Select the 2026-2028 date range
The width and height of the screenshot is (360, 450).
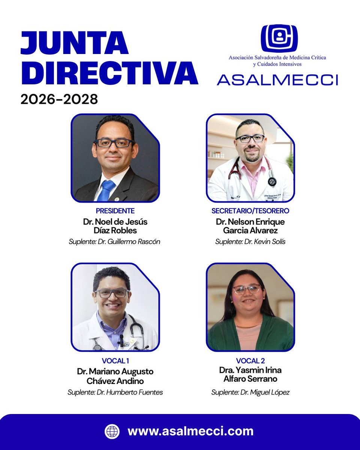pyautogui.click(x=59, y=99)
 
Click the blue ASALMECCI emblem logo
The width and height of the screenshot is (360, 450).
pyautogui.click(x=279, y=38)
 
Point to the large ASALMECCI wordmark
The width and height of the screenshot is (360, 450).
pyautogui.click(x=277, y=79)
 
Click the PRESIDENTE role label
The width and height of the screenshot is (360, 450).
pyautogui.click(x=115, y=211)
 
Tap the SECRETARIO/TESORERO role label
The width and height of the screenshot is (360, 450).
pyautogui.click(x=250, y=211)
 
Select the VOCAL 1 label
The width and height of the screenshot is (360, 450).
pyautogui.click(x=115, y=361)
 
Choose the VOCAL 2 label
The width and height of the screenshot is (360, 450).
pyautogui.click(x=250, y=361)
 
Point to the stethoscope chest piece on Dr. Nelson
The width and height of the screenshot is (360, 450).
pyautogui.click(x=272, y=182)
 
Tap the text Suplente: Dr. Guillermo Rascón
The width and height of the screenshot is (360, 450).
pyautogui.click(x=114, y=242)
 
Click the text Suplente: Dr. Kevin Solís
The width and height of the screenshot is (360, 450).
pyautogui.click(x=250, y=242)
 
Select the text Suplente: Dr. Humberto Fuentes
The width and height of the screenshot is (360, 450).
pyautogui.click(x=115, y=393)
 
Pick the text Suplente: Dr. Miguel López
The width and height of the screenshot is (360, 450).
pyautogui.click(x=250, y=393)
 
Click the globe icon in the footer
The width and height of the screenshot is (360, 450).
pyautogui.click(x=112, y=431)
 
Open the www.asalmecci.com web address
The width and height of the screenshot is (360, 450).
pyautogui.click(x=190, y=431)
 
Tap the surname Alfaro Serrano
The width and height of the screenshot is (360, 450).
pyautogui.click(x=250, y=379)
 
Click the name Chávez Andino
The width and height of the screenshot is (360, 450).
pyautogui.click(x=115, y=381)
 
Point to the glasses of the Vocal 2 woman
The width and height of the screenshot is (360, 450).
pyautogui.click(x=246, y=289)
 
